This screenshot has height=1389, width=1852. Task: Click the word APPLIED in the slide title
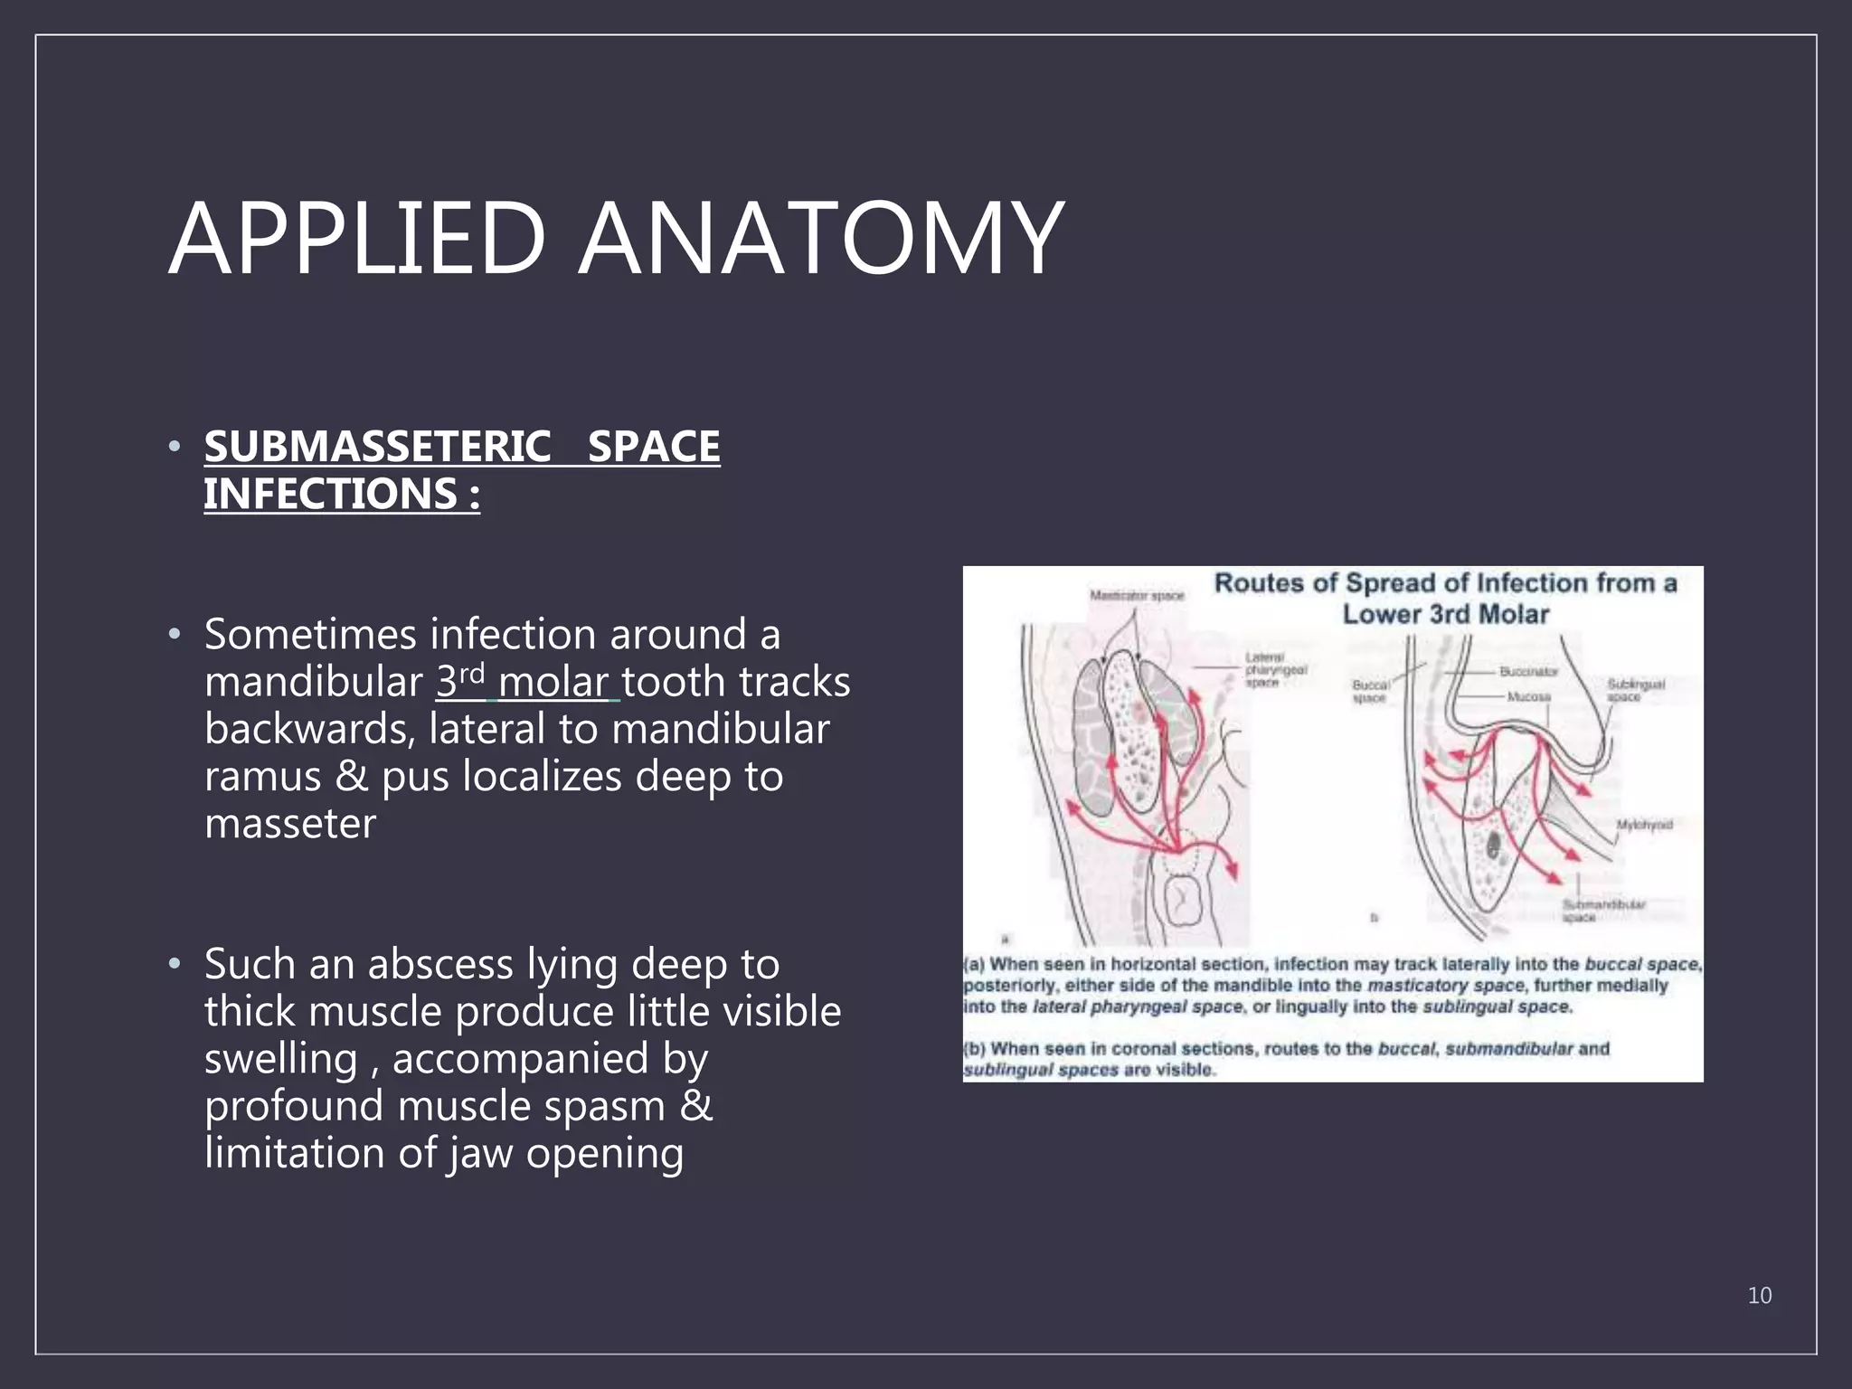[358, 240]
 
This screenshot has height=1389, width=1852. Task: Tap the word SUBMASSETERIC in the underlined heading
[377, 447]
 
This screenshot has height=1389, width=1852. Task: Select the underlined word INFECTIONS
[330, 494]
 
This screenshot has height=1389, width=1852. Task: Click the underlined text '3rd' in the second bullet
[460, 681]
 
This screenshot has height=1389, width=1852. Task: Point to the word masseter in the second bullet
[289, 823]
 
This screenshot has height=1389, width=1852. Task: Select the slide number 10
[1759, 1295]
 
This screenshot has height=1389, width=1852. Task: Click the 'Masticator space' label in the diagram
[1137, 595]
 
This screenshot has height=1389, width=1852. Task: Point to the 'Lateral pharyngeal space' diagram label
[1275, 670]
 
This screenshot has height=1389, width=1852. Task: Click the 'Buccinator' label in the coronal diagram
[1528, 672]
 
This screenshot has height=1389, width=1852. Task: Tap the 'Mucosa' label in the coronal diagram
[1528, 696]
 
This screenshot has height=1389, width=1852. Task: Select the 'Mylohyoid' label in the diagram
[1644, 825]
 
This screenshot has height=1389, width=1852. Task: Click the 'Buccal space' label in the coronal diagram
[1370, 692]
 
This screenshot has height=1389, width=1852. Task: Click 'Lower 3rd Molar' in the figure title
[1445, 615]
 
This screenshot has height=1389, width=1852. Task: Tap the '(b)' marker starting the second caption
[974, 1049]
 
